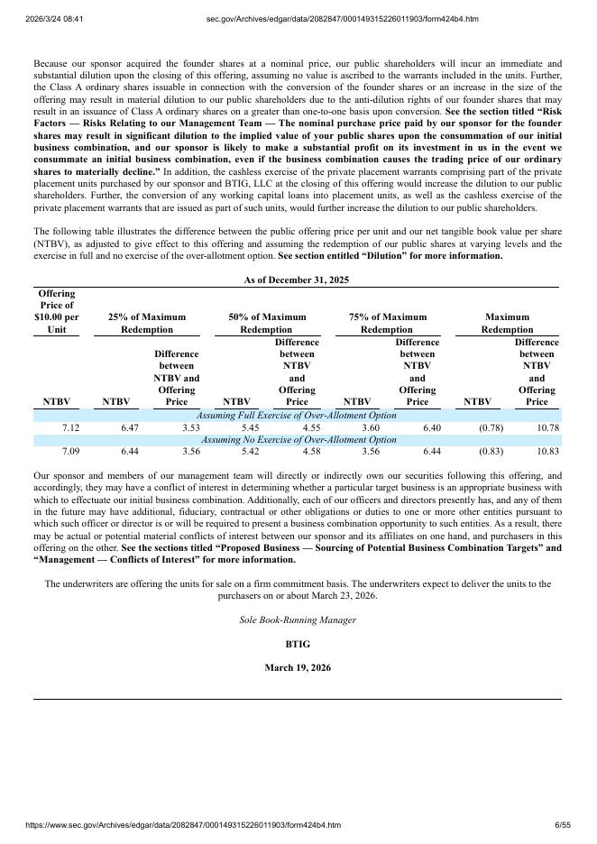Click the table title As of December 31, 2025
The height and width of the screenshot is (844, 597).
[296, 280]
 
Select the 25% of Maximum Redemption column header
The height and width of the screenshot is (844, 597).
[146, 323]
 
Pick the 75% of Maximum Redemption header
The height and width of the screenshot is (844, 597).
[387, 323]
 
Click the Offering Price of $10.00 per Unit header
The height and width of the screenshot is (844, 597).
[56, 311]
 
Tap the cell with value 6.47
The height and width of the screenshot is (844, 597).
[130, 427]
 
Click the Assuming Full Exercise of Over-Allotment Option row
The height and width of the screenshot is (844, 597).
[296, 416]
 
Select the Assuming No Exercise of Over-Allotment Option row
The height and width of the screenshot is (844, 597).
[298, 439]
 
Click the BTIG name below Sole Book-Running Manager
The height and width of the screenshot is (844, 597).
[297, 645]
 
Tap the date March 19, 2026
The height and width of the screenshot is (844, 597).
[297, 668]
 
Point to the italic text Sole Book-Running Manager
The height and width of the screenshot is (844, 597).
[297, 620]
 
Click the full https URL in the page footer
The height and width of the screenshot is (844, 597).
[170, 825]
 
